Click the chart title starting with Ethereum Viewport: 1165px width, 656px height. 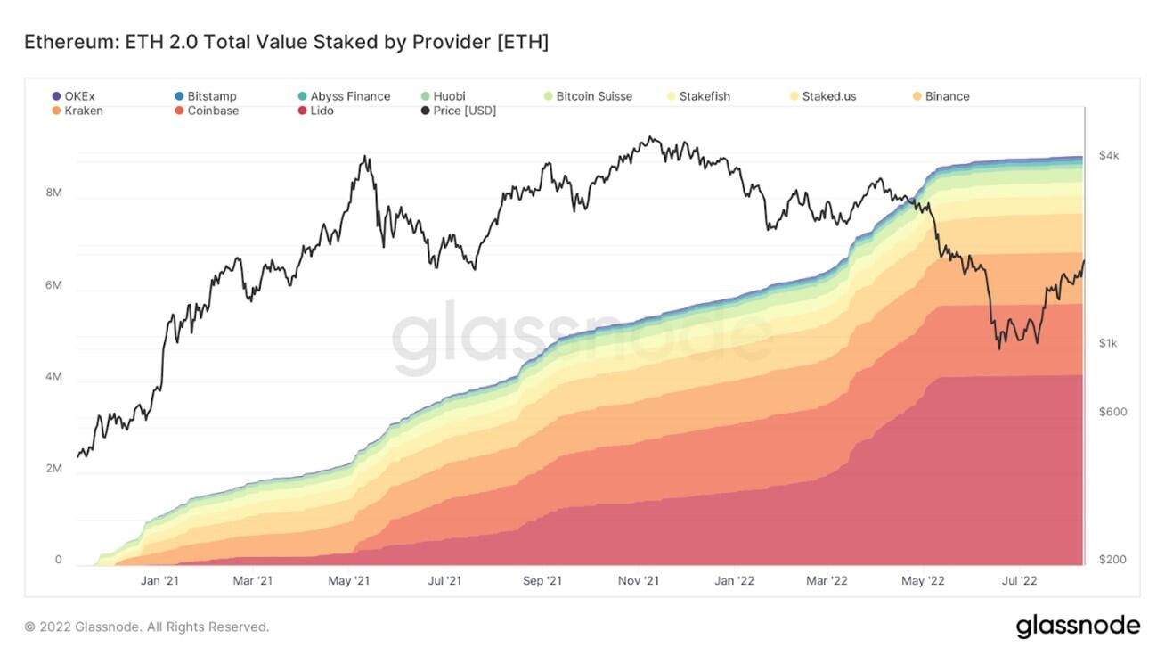[x=286, y=42]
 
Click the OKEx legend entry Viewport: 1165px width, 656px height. [x=77, y=96]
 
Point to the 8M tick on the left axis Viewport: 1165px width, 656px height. [x=53, y=193]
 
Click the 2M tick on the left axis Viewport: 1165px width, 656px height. [x=53, y=469]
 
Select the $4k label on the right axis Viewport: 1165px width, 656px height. [x=1108, y=156]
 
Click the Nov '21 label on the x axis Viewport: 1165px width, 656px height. [x=638, y=581]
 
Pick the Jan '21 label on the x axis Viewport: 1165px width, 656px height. [x=159, y=581]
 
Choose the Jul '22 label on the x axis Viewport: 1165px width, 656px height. [x=1019, y=581]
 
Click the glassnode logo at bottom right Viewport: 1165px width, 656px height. [x=1078, y=626]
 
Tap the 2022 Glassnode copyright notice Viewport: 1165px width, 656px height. [x=146, y=627]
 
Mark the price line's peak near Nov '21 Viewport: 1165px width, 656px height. [x=652, y=137]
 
